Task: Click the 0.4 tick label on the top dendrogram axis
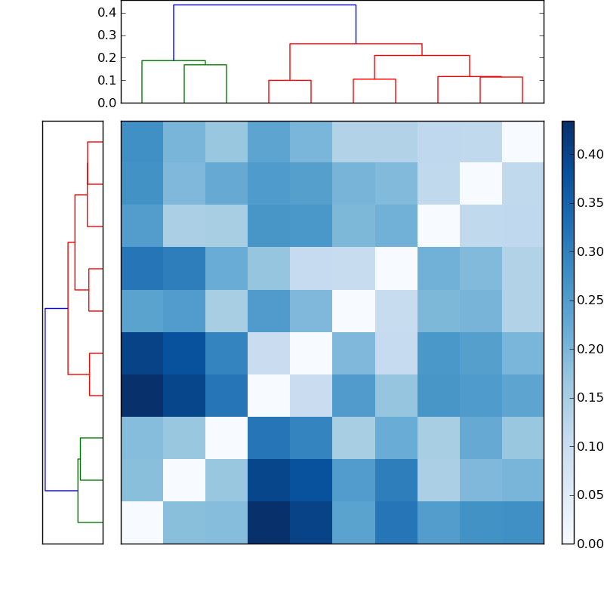[x=107, y=13]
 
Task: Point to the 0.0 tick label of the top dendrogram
[x=107, y=103]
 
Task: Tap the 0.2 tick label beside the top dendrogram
[x=107, y=58]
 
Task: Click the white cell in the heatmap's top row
[x=522, y=142]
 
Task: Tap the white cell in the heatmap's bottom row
[x=142, y=522]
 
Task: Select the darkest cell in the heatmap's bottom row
[x=269, y=522]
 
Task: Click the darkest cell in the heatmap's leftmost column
[x=142, y=396]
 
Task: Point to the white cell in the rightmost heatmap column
[x=522, y=142]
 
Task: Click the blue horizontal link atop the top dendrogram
[x=264, y=5]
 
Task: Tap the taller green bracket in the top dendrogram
[x=163, y=60]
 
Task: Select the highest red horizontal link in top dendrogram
[x=356, y=44]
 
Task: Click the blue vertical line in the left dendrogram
[x=45, y=399]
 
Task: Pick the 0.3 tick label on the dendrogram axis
[x=107, y=35]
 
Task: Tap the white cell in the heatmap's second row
[x=480, y=184]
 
